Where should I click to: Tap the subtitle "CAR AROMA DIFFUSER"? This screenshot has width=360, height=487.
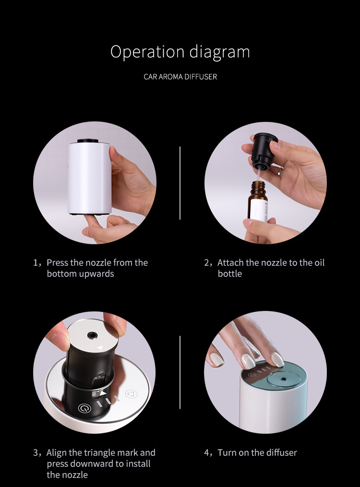click(x=180, y=77)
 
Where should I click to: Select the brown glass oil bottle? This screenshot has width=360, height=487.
click(x=258, y=201)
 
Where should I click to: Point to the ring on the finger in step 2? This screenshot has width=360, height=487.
click(x=280, y=171)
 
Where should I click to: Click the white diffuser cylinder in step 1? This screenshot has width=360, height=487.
click(x=90, y=178)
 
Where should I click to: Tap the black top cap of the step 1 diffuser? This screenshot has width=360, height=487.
click(x=88, y=141)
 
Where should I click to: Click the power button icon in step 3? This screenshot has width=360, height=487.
click(x=84, y=408)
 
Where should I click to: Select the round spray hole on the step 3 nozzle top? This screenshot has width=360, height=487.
click(x=92, y=335)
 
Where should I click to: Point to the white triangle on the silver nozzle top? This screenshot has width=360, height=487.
click(x=100, y=348)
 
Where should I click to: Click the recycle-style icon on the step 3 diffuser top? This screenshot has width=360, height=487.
click(x=131, y=394)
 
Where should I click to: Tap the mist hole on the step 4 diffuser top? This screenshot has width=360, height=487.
click(x=283, y=379)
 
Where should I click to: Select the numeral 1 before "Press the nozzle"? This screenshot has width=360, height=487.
click(x=36, y=263)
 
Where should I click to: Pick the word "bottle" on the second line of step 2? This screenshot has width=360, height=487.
click(x=230, y=274)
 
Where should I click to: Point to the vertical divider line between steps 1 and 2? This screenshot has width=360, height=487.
click(x=180, y=183)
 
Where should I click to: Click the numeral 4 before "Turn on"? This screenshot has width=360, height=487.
click(x=206, y=453)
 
